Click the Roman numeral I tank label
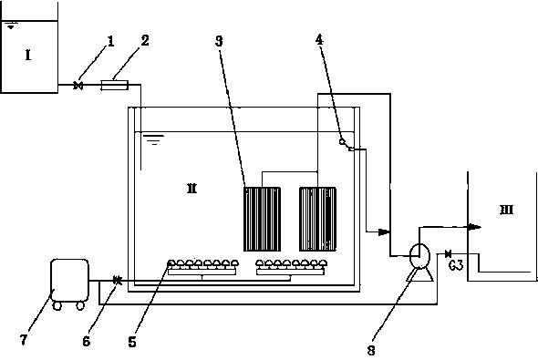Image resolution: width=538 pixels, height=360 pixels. tap(28, 55)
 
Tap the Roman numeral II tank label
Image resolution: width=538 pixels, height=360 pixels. tap(191, 189)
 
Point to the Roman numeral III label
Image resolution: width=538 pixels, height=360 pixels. tap(506, 210)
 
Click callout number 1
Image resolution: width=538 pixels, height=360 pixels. tap(110, 42)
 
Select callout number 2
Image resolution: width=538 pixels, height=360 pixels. tap(145, 40)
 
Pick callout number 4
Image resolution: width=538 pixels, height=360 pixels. tap(319, 40)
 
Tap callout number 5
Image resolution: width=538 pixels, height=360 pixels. tap(132, 342)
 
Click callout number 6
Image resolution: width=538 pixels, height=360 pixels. tap(87, 341)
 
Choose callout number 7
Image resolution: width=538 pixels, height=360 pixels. tap(24, 340)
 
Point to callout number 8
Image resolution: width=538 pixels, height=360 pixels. tap(371, 350)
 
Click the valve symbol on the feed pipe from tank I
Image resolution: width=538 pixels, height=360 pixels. tap(78, 85)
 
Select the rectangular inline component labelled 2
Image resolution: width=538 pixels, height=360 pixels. tap(114, 85)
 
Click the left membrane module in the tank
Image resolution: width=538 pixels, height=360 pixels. tap(262, 219)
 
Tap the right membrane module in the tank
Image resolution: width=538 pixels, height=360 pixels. tap(317, 219)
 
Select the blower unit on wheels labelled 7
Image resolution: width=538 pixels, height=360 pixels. tap(69, 283)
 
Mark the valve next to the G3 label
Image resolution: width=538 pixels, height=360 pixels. tap(448, 254)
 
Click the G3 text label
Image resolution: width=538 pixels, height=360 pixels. tap(456, 265)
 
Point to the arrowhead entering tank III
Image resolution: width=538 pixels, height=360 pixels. tap(474, 226)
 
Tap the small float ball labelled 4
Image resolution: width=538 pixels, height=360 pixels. tap(342, 141)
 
